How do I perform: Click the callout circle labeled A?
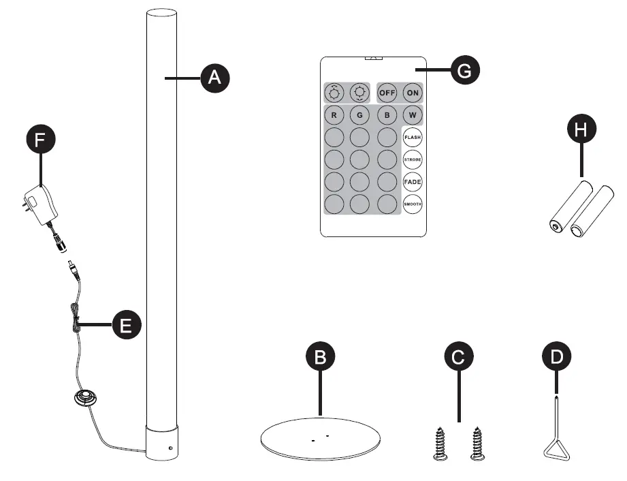pyautogui.click(x=214, y=78)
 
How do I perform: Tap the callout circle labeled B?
pyautogui.click(x=320, y=356)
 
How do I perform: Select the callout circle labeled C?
pyautogui.click(x=458, y=356)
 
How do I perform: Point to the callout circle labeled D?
pyautogui.click(x=556, y=356)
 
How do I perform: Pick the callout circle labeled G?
pyautogui.click(x=465, y=70)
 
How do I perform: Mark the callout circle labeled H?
pyautogui.click(x=581, y=130)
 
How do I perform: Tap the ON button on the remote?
pyautogui.click(x=413, y=93)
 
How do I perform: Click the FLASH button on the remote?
pyautogui.click(x=413, y=138)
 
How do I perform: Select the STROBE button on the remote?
pyautogui.click(x=413, y=160)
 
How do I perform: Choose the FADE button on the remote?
pyautogui.click(x=413, y=182)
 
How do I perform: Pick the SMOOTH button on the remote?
pyautogui.click(x=413, y=204)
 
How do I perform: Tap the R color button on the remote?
pyautogui.click(x=334, y=115)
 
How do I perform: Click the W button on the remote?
pyautogui.click(x=413, y=115)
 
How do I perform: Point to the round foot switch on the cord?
pyautogui.click(x=86, y=399)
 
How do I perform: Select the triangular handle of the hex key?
pyautogui.click(x=557, y=450)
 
